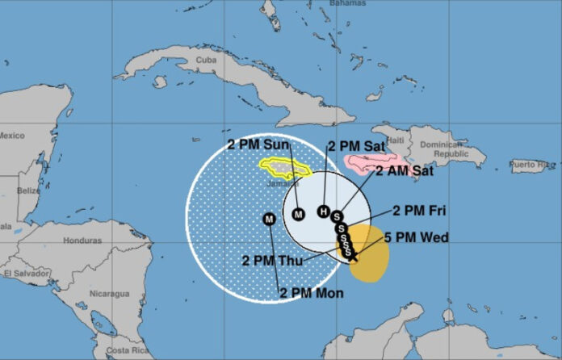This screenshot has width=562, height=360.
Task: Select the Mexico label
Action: [x=13, y=135]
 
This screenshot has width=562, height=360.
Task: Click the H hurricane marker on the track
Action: [x=324, y=211]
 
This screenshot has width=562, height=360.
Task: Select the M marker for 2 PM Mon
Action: [x=270, y=218]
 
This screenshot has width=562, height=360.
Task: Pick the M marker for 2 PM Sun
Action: [x=298, y=214]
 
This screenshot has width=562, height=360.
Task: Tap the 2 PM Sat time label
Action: [x=356, y=146]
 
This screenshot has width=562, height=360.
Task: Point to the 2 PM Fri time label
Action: [x=420, y=211]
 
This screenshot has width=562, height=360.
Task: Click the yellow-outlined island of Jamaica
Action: [x=285, y=168]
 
